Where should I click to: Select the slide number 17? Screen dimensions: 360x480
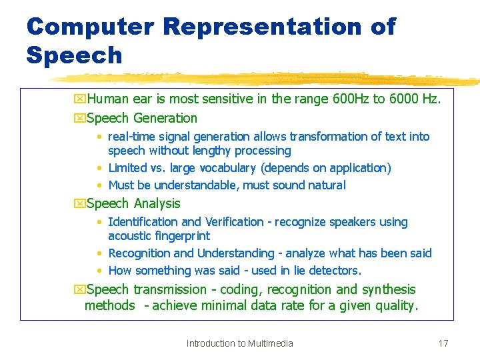tap(443, 343)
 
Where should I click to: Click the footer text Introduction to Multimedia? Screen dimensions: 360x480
tap(239, 343)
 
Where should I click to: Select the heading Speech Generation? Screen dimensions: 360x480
tap(141, 118)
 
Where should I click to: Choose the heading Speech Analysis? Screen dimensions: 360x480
tap(133, 203)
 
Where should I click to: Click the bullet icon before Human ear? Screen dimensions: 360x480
tap(79, 100)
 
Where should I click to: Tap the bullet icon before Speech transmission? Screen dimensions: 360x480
tap(79, 290)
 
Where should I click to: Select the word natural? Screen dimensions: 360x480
tap(324, 185)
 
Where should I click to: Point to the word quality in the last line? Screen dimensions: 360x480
tap(396, 306)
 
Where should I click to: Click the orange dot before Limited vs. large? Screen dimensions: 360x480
tap(99, 168)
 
